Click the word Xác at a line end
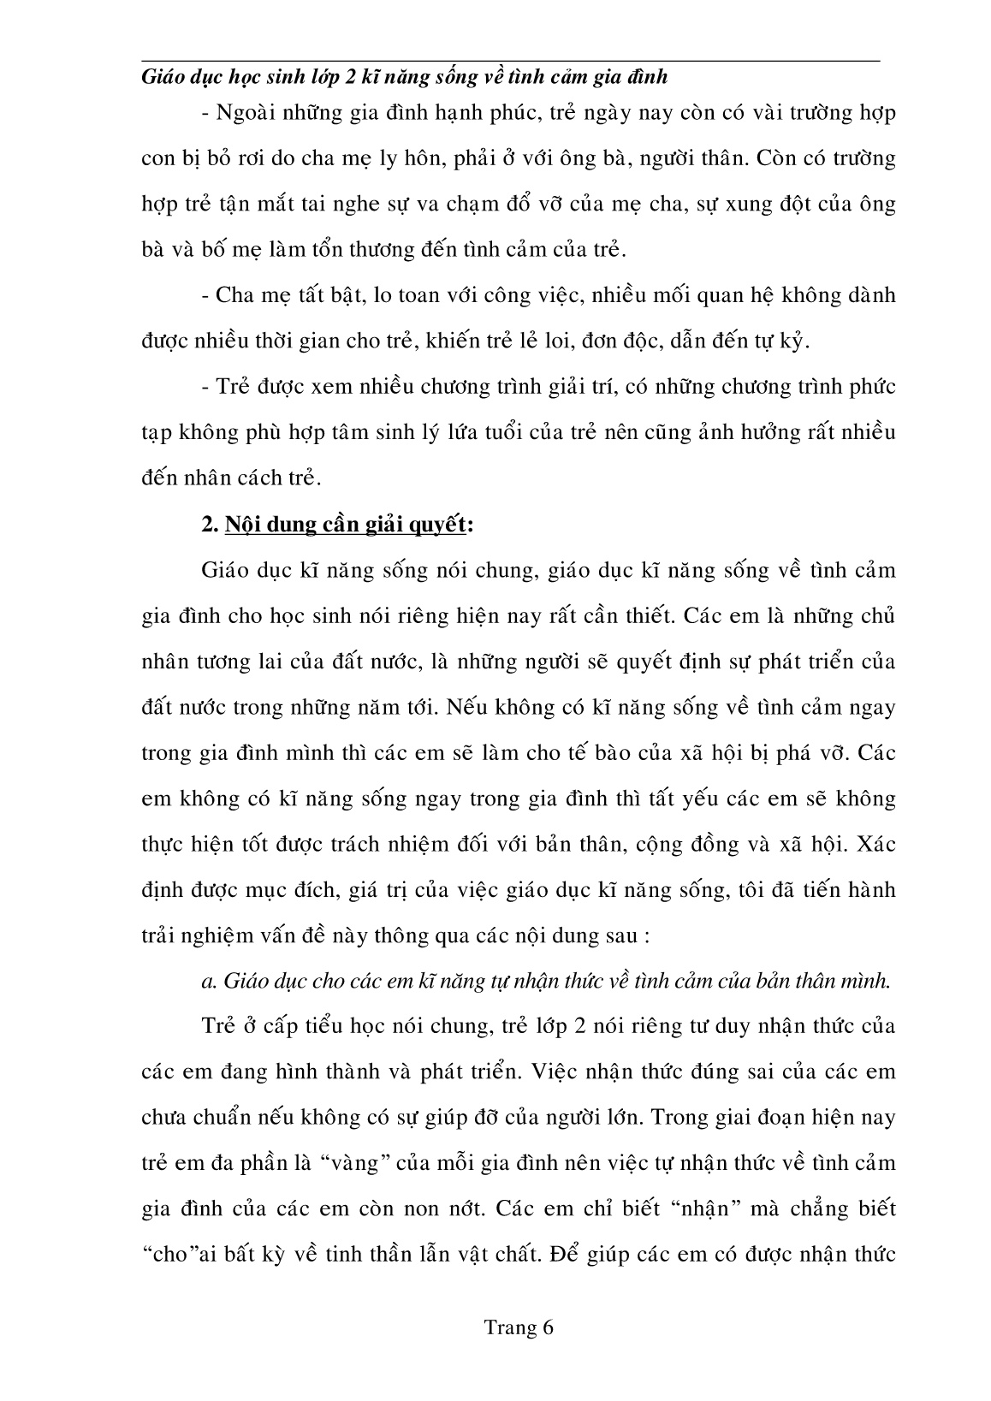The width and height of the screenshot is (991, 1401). (x=875, y=844)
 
